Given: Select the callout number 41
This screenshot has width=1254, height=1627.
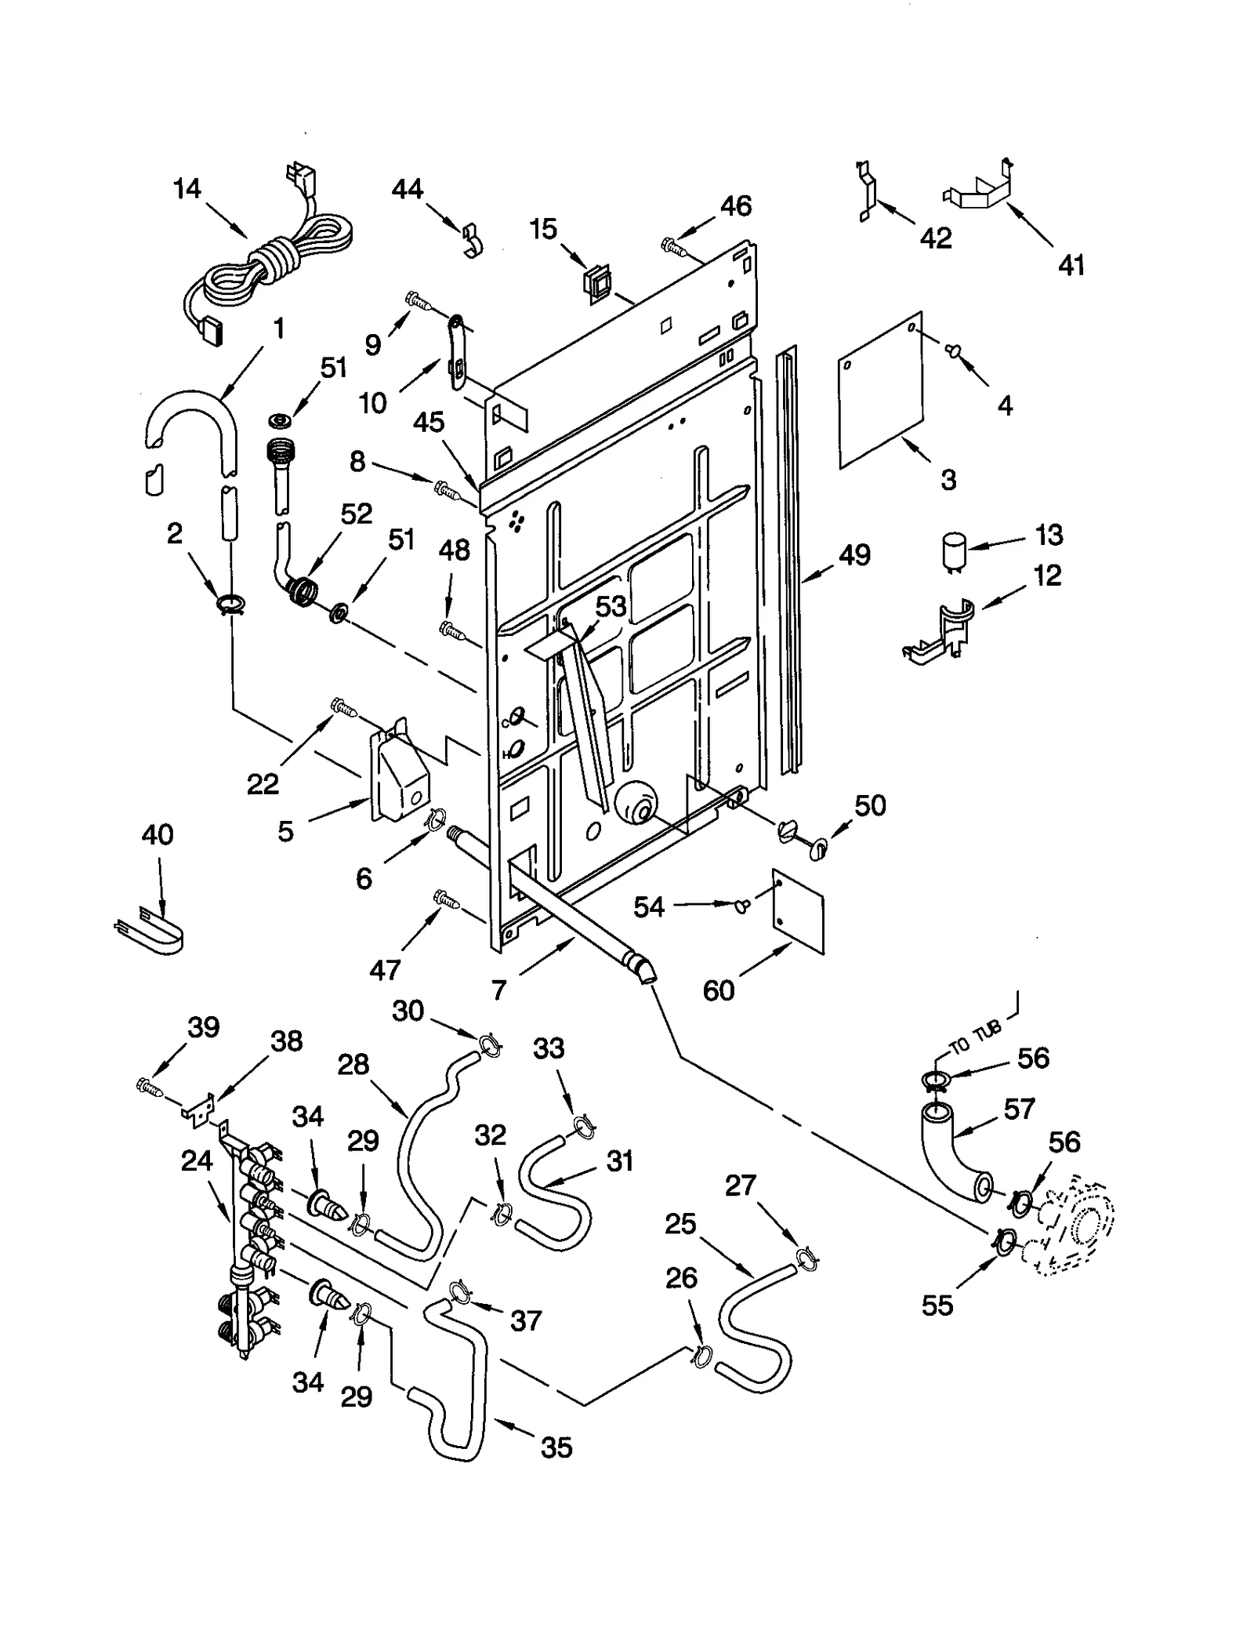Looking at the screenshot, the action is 1071,265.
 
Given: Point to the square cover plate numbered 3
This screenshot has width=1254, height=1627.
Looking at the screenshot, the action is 880,390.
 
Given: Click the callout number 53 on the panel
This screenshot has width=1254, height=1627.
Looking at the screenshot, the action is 611,606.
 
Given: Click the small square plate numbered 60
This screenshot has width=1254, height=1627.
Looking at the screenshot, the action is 798,911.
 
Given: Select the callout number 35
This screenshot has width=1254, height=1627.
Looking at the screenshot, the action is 556,1469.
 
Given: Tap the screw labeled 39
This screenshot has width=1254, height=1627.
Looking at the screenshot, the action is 150,1088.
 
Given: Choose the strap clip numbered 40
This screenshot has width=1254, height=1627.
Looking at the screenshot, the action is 148,928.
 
